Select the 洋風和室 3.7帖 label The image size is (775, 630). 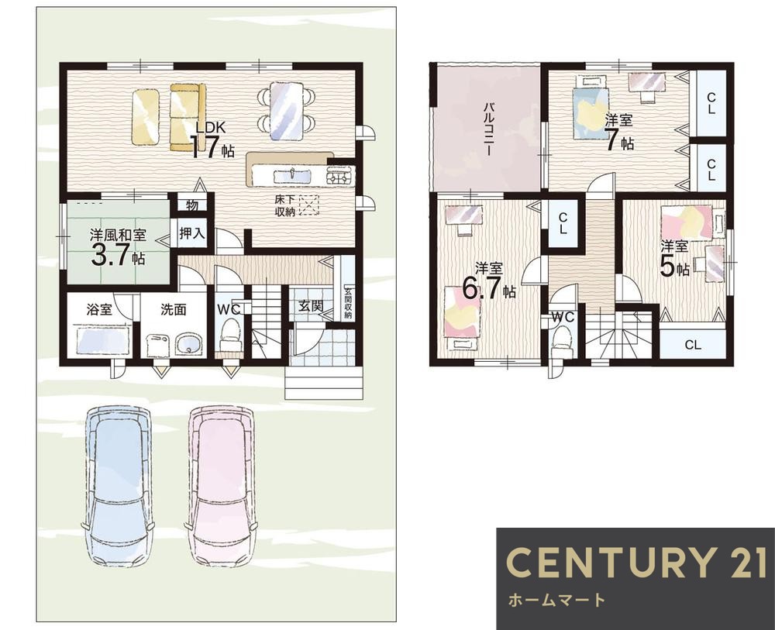pyautogui.click(x=118, y=247)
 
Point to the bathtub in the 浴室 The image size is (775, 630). pyautogui.click(x=102, y=340)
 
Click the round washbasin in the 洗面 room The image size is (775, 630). pyautogui.click(x=189, y=343)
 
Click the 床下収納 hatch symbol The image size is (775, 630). pyautogui.click(x=309, y=205)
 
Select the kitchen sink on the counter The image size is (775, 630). pyautogui.click(x=292, y=176)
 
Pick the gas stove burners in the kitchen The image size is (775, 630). pyautogui.click(x=340, y=176)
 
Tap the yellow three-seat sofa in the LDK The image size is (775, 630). pyautogui.click(x=188, y=117)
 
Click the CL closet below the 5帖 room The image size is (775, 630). pyautogui.click(x=693, y=344)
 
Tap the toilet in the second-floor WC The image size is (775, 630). pyautogui.click(x=562, y=342)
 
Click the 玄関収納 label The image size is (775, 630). pyautogui.click(x=348, y=303)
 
